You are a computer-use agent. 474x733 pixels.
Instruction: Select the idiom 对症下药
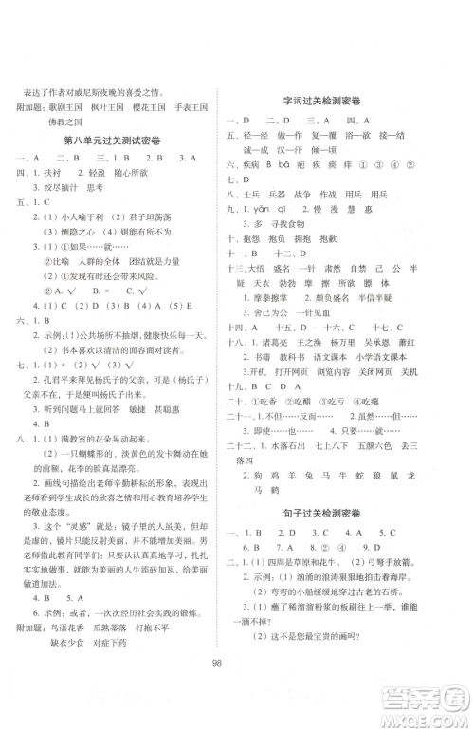pos(121,643)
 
